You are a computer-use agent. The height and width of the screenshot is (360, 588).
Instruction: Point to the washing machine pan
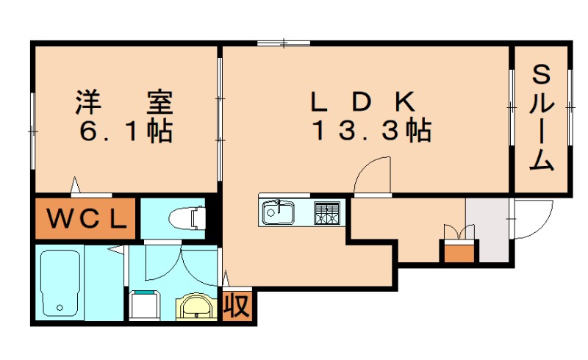tap(144, 305)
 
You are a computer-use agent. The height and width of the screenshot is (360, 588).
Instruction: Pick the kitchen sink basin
tap(278, 212)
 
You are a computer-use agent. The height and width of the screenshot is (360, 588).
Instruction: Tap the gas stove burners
tap(328, 212)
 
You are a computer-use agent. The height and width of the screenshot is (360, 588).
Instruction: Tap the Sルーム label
tap(542, 118)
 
